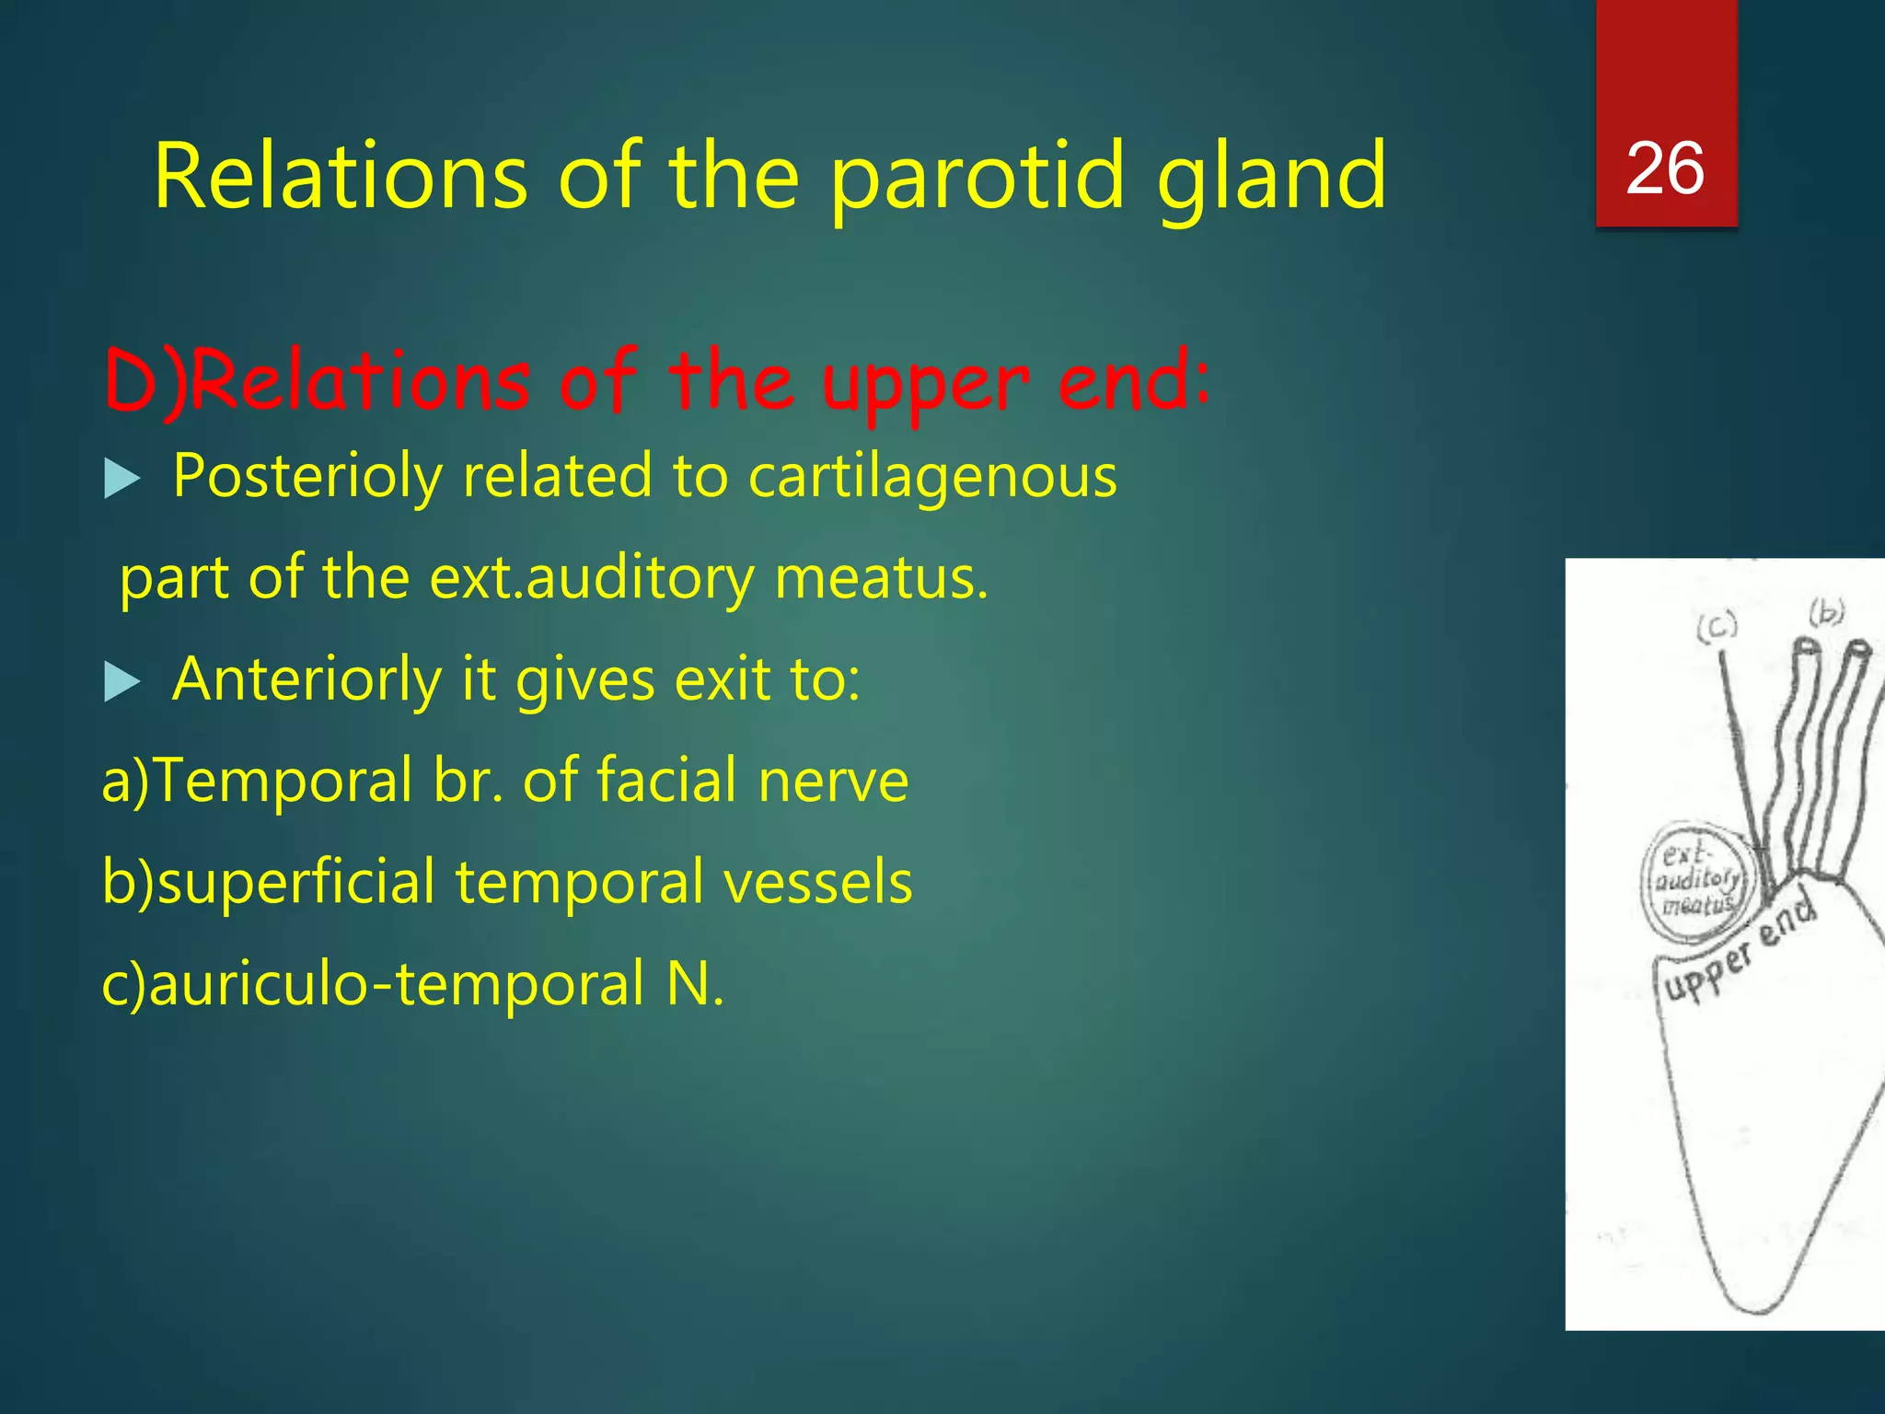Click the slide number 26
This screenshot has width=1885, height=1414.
(x=1665, y=169)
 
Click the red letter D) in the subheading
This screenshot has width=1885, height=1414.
(x=145, y=382)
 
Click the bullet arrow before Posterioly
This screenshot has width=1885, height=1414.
(x=121, y=479)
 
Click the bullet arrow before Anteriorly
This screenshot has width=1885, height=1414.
(x=121, y=682)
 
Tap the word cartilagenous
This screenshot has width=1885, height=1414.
(x=931, y=477)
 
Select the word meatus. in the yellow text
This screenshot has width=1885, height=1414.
(x=881, y=579)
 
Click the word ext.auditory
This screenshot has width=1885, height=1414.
(x=593, y=579)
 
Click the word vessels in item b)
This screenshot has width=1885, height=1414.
(x=817, y=882)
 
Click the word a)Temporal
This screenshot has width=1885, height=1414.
(x=257, y=781)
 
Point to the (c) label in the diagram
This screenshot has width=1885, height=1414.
(x=1717, y=627)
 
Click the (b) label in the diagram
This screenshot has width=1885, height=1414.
(x=1827, y=611)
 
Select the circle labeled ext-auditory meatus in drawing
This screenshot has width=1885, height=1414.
(x=1698, y=882)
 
